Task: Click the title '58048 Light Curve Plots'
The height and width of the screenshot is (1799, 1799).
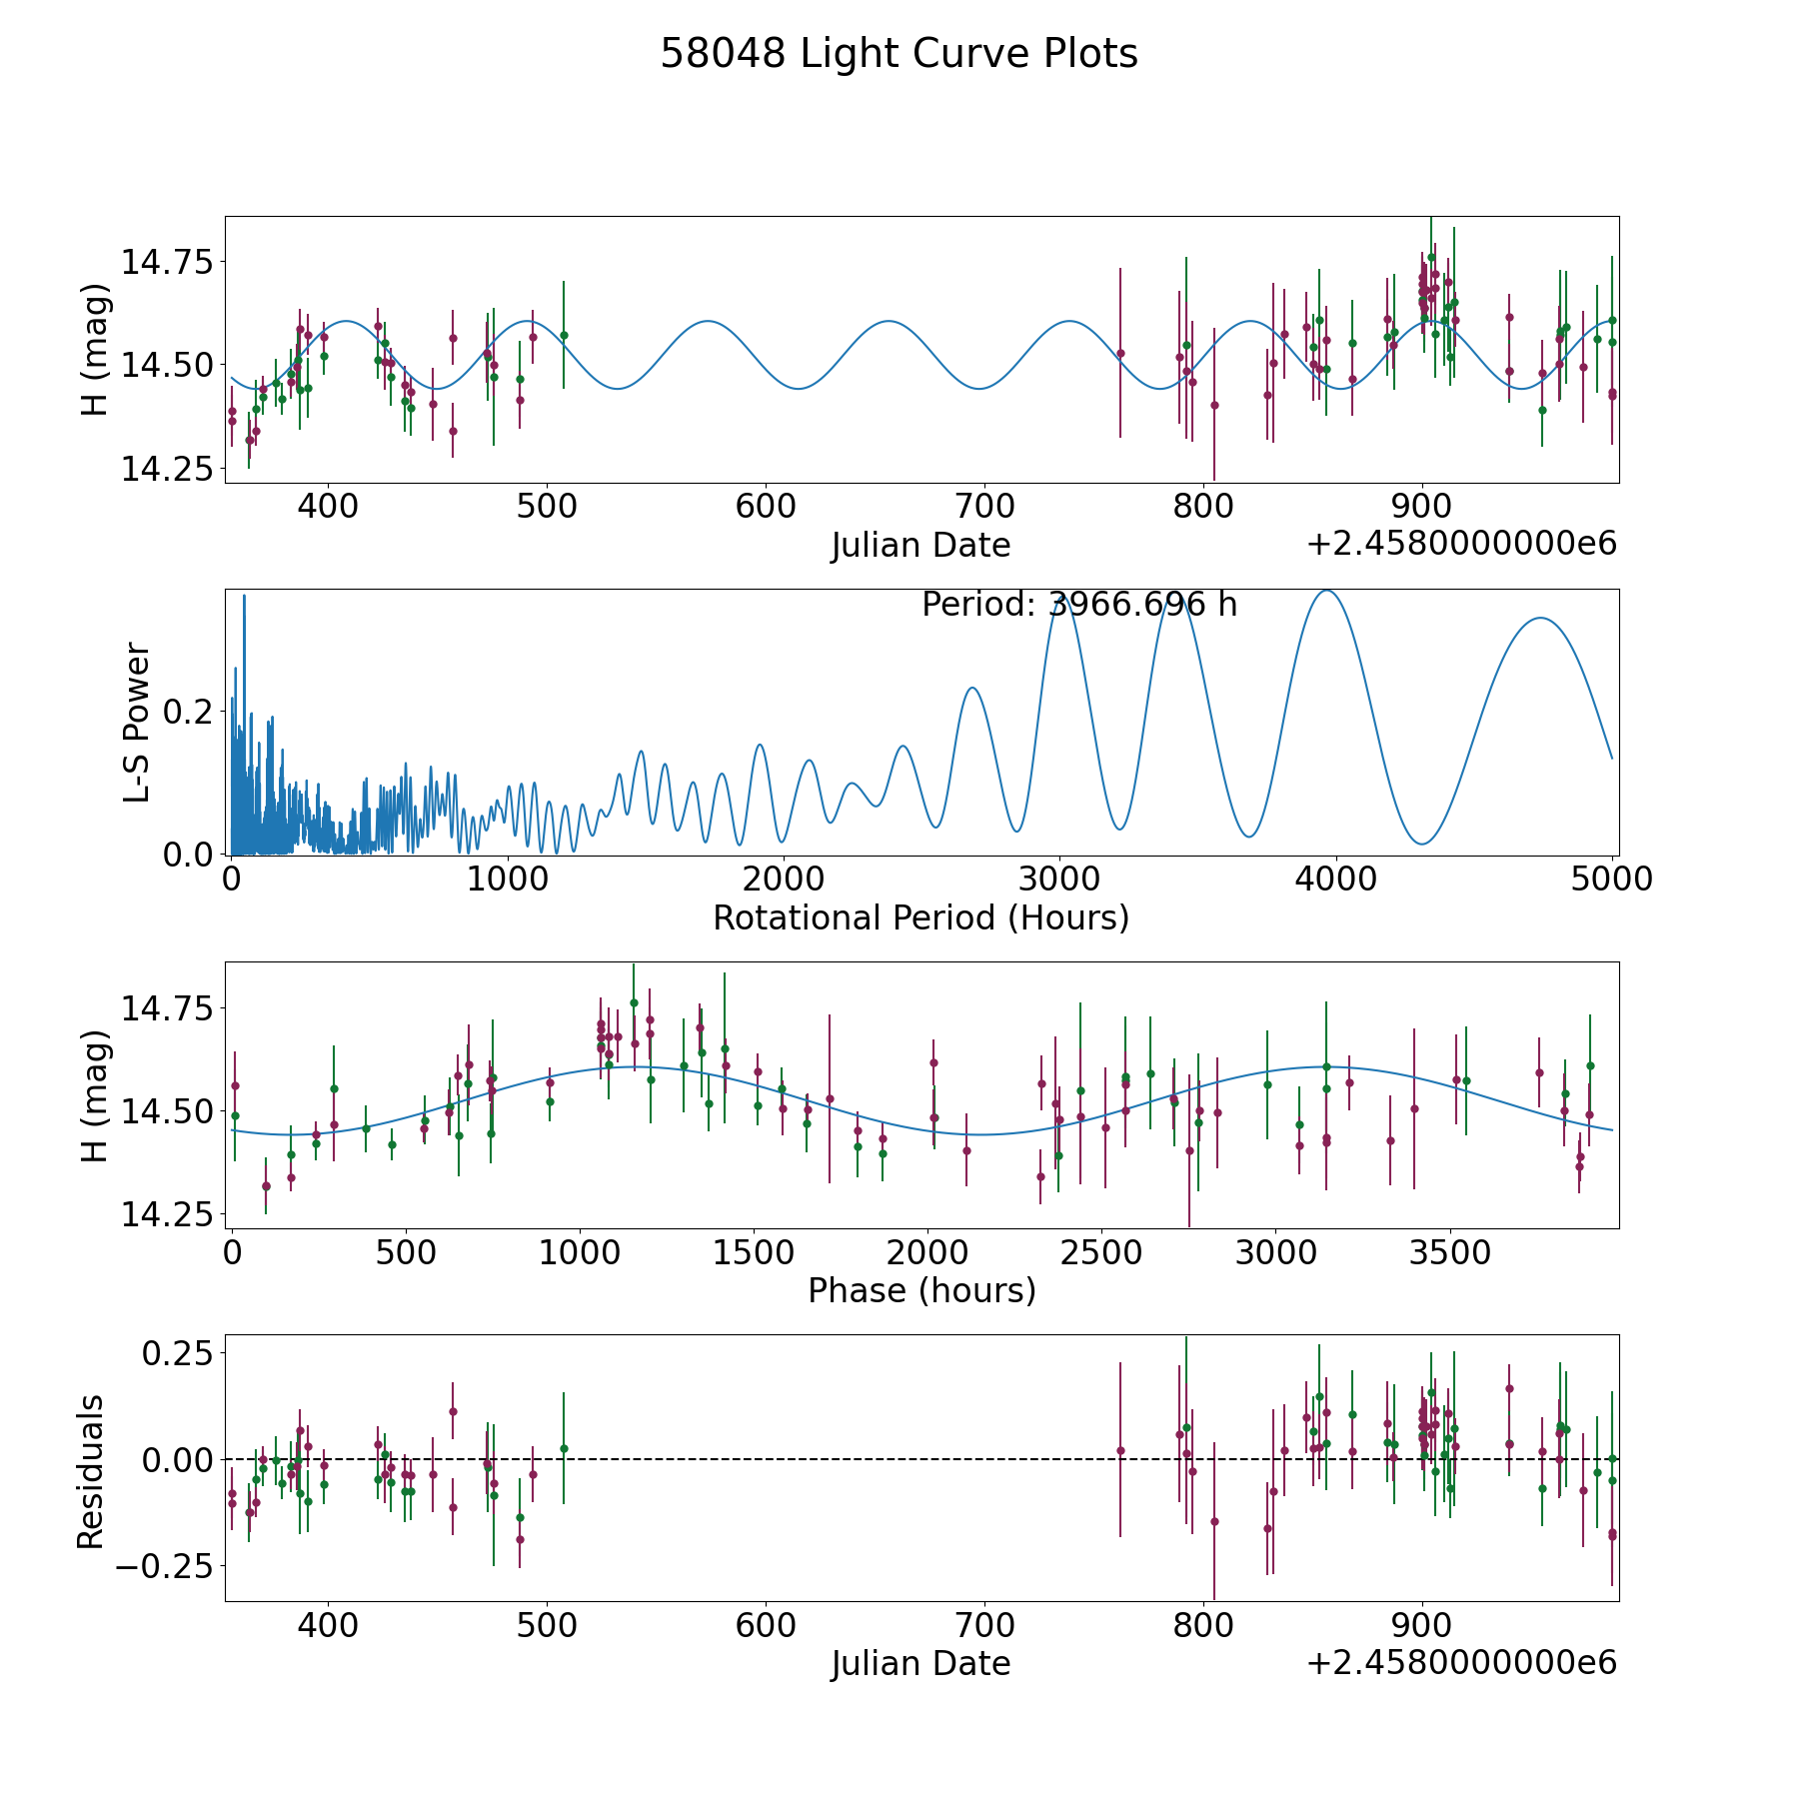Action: (899, 54)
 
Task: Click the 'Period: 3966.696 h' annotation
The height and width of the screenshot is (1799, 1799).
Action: (1079, 605)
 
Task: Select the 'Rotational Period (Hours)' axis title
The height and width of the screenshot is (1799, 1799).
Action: (920, 917)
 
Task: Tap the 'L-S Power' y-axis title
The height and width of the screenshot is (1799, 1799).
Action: (138, 722)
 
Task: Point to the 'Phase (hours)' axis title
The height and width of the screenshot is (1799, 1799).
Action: (921, 1290)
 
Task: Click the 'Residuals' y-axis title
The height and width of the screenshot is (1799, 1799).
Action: (91, 1472)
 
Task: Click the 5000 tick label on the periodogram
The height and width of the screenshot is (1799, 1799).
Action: (1611, 880)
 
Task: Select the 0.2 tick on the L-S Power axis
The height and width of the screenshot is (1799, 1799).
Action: (190, 712)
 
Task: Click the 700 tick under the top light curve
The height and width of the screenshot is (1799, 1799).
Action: (984, 507)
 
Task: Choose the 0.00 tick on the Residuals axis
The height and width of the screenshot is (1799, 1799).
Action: (178, 1459)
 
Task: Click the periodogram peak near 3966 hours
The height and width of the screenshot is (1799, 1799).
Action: (1327, 592)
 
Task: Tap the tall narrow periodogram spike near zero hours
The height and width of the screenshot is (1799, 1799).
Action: (244, 597)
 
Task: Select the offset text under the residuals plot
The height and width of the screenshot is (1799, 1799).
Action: (1461, 1663)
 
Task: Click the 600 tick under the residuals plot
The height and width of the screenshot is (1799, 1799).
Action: (766, 1625)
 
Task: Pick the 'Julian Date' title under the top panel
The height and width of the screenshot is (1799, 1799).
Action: (920, 546)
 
